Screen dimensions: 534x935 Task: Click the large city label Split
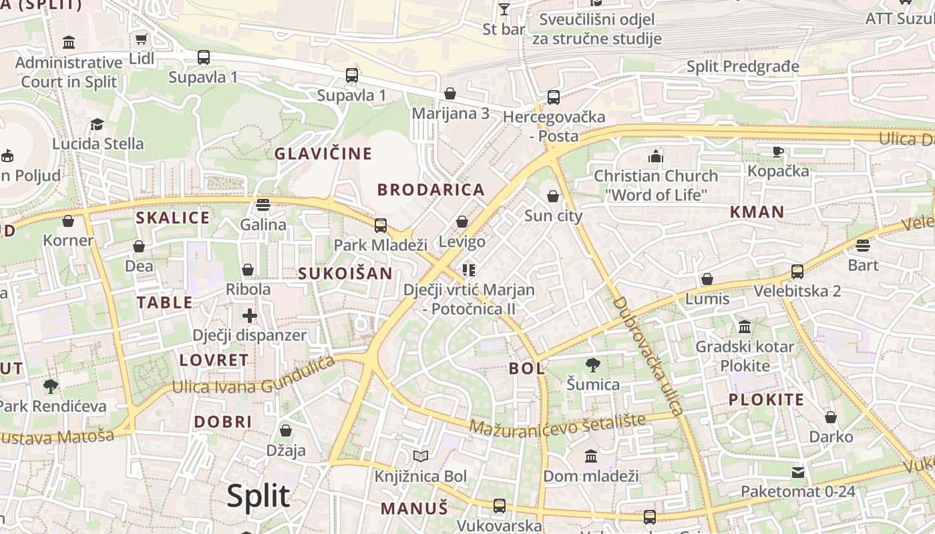pyautogui.click(x=258, y=496)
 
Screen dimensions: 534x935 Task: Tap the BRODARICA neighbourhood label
pyautogui.click(x=431, y=190)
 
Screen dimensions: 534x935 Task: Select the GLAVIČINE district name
pyautogui.click(x=323, y=154)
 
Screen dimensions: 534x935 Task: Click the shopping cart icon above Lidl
pyautogui.click(x=141, y=39)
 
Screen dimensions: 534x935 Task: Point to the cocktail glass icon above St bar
pyautogui.click(x=504, y=9)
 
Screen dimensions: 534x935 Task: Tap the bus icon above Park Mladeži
pyautogui.click(x=380, y=226)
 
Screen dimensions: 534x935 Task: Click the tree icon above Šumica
pyautogui.click(x=592, y=365)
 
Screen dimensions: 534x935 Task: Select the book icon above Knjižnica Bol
pyautogui.click(x=420, y=457)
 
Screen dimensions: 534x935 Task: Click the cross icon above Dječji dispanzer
pyautogui.click(x=250, y=315)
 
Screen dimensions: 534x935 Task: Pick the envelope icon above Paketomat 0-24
pyautogui.click(x=797, y=473)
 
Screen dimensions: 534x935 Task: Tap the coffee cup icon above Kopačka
pyautogui.click(x=778, y=152)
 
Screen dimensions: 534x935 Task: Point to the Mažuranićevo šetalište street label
pyautogui.click(x=558, y=423)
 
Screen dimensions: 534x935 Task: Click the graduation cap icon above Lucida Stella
pyautogui.click(x=98, y=124)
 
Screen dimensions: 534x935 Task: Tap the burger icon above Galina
pyautogui.click(x=263, y=204)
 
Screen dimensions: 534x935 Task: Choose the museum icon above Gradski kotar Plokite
pyautogui.click(x=745, y=327)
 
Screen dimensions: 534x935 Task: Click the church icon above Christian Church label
pyautogui.click(x=656, y=156)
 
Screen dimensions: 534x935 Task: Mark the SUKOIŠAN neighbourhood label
pyautogui.click(x=345, y=273)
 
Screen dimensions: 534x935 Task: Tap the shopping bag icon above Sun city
pyautogui.click(x=553, y=196)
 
